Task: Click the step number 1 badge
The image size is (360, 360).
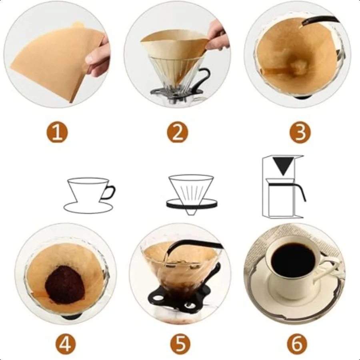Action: pos(57,133)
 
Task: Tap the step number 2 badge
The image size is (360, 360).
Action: pos(177,133)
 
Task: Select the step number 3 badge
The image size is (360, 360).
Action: pos(300,133)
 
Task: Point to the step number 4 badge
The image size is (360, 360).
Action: pos(66,344)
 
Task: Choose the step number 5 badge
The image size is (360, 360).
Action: pos(180,344)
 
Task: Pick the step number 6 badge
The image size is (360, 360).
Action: pos(297,344)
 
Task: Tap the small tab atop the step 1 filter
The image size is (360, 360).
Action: pos(77,24)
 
